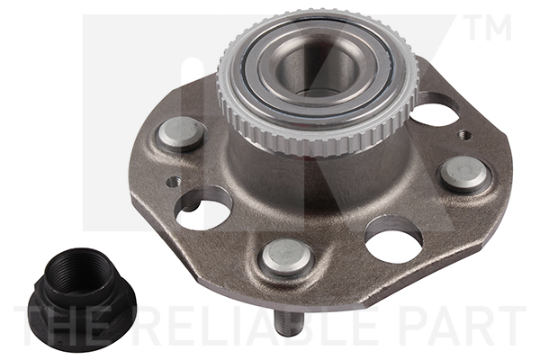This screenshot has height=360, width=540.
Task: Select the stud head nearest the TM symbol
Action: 464,174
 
